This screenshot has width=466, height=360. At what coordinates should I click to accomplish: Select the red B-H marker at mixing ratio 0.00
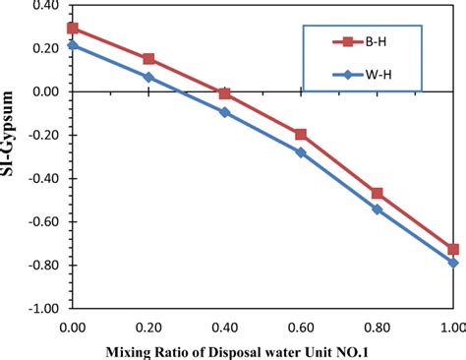pos(73,29)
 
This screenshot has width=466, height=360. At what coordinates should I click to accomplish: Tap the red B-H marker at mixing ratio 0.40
pos(225,93)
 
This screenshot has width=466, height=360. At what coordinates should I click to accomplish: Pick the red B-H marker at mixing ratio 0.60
pos(301,134)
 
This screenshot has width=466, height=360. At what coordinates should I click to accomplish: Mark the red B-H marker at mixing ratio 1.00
pos(453,249)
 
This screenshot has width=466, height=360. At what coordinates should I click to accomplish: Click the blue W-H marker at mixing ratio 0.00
pos(73,45)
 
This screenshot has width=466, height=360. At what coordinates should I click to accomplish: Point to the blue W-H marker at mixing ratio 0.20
pos(148,77)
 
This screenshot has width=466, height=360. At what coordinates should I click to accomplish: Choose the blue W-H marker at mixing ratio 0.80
pos(377,209)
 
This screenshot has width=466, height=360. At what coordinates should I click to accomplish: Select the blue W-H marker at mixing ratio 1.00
pos(453,263)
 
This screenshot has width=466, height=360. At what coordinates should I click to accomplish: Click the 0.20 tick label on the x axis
pos(148,326)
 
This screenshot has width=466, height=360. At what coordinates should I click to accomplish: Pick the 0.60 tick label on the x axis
pos(301,326)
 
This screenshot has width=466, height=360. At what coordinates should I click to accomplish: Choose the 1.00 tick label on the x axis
pos(451,326)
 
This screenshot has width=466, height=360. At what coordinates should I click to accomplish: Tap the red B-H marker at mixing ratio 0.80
pos(377,194)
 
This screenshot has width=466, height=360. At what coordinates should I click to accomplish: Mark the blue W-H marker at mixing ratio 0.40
pos(225,112)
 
